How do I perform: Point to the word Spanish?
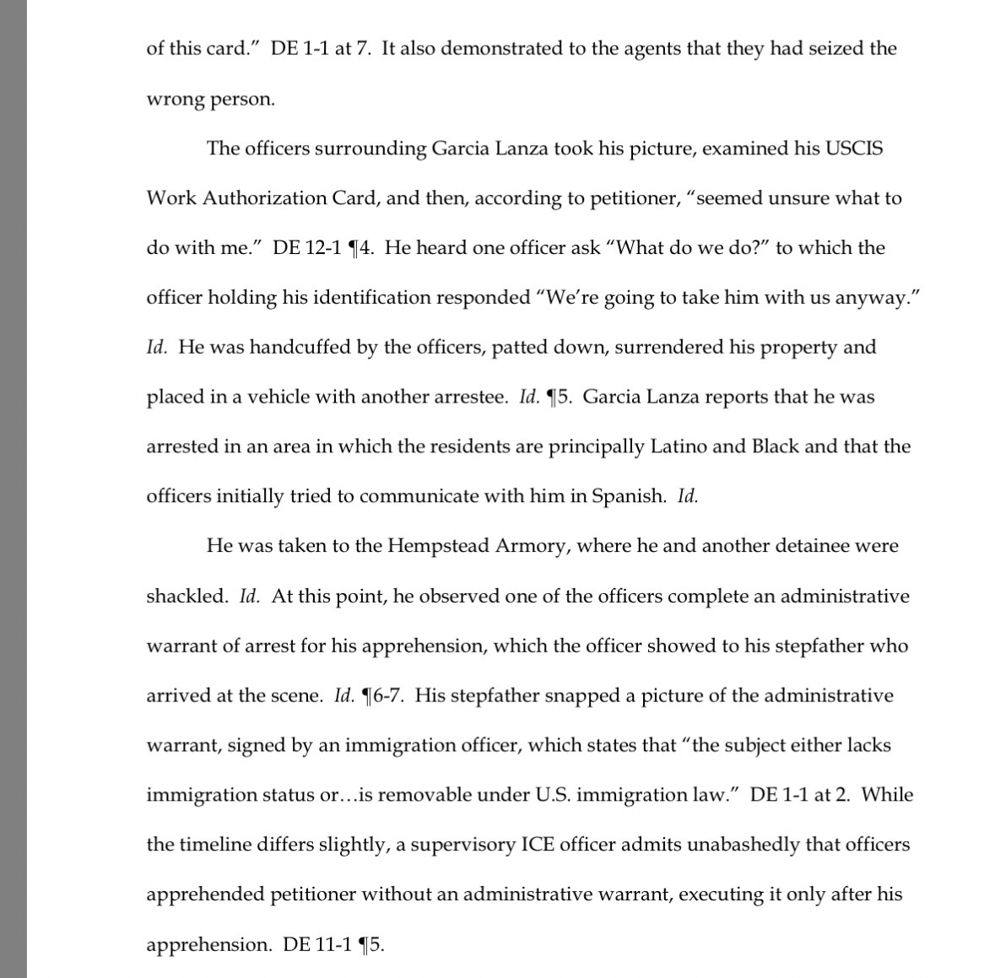tap(629, 496)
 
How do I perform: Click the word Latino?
tap(678, 446)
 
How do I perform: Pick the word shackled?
tap(187, 596)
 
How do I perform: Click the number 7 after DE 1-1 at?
tap(365, 49)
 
